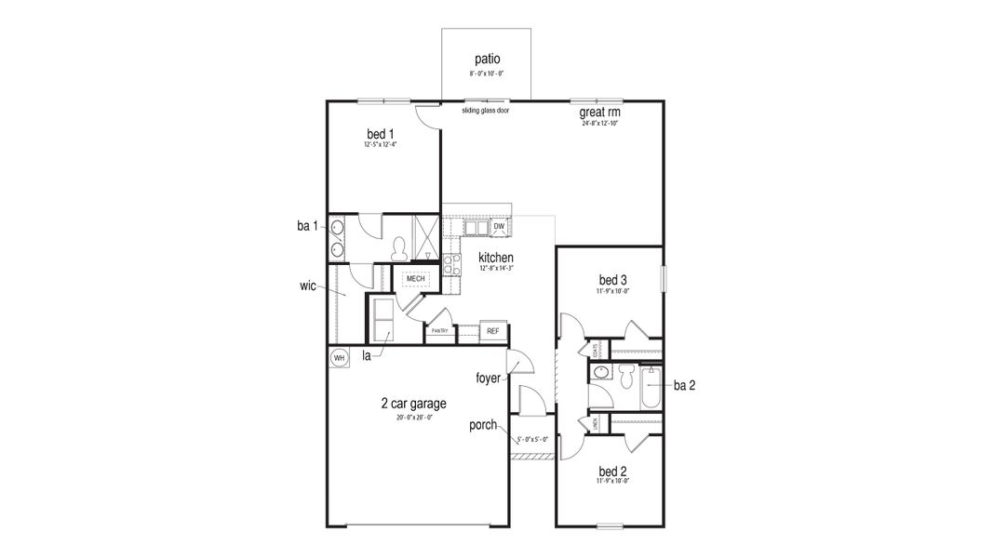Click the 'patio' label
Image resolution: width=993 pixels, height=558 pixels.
pos(487,59)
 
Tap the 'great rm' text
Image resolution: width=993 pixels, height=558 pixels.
pos(599,113)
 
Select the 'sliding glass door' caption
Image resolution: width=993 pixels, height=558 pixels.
pos(485,110)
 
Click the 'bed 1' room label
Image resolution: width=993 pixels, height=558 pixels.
pos(381,134)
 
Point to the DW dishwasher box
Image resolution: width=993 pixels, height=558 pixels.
pos(499,226)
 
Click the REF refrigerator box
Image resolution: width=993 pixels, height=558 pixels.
pos(492,330)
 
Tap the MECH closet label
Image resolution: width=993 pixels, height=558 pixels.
pos(415,278)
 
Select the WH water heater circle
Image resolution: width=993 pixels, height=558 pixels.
pos(339,357)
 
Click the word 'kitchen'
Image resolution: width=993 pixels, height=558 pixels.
pos(496,257)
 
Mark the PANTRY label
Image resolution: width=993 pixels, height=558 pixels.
pos(440,331)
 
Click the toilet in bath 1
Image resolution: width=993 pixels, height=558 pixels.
pos(401,248)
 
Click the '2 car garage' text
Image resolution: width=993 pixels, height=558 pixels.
pos(414,404)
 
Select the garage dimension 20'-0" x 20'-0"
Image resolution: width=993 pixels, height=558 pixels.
pos(414,418)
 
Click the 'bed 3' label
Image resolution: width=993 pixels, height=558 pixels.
pos(613,280)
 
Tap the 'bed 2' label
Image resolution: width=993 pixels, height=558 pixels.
pos(613,471)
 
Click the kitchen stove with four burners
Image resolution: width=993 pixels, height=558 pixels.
pos(451,264)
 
